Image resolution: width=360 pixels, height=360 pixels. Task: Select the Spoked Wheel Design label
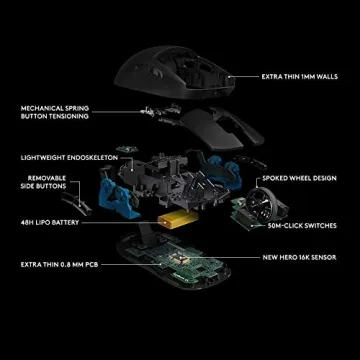coord(300,179)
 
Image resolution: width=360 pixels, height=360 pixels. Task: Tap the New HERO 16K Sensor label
coord(303,258)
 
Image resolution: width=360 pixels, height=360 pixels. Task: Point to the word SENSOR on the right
coord(326,258)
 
